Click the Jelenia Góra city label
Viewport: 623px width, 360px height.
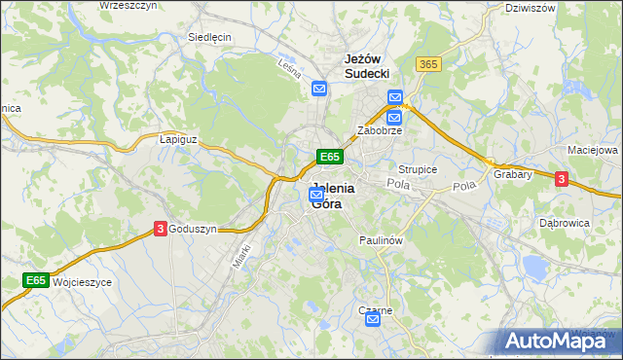pyautogui.click(x=333, y=197)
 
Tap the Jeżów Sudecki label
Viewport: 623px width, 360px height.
pyautogui.click(x=367, y=65)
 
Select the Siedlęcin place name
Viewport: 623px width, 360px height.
pyautogui.click(x=208, y=38)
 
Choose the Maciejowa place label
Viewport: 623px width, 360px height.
pyautogui.click(x=593, y=151)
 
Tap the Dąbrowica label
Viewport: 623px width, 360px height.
pyautogui.click(x=565, y=222)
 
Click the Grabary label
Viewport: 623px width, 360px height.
pyautogui.click(x=512, y=175)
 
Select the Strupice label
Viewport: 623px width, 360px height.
pyautogui.click(x=418, y=169)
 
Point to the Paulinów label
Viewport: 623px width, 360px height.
pyautogui.click(x=381, y=239)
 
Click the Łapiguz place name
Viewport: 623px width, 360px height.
pyautogui.click(x=178, y=139)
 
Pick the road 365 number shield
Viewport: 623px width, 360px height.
pyautogui.click(x=427, y=63)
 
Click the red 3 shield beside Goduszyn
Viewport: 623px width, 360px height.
pyautogui.click(x=160, y=228)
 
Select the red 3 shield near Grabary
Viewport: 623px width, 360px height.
pyautogui.click(x=561, y=178)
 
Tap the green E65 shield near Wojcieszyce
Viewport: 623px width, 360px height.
pyautogui.click(x=36, y=281)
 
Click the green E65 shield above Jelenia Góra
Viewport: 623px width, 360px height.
pyautogui.click(x=329, y=157)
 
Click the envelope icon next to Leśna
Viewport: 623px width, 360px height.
pyautogui.click(x=319, y=90)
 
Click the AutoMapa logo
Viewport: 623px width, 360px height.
pyautogui.click(x=559, y=340)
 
